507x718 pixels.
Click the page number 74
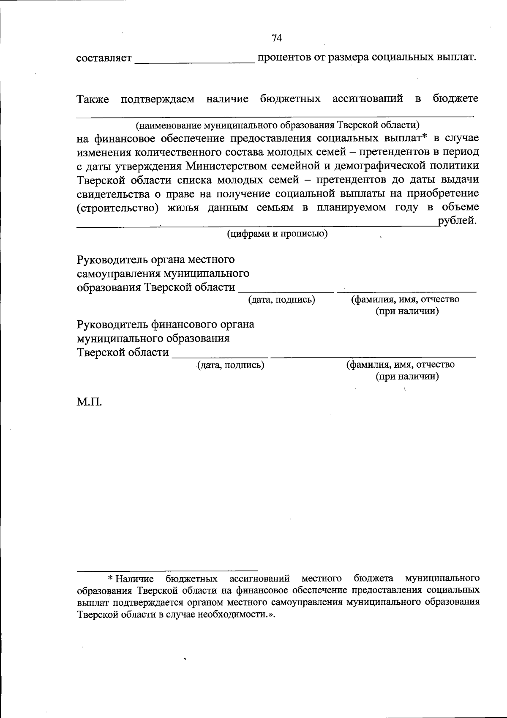point(277,38)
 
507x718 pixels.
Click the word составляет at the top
point(104,58)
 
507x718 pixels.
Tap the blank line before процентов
point(195,62)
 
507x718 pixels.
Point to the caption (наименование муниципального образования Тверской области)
point(277,125)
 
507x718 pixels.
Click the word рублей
point(458,221)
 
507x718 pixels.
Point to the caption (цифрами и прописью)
point(277,234)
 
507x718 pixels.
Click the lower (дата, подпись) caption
point(231,365)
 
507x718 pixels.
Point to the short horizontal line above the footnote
point(167,570)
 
